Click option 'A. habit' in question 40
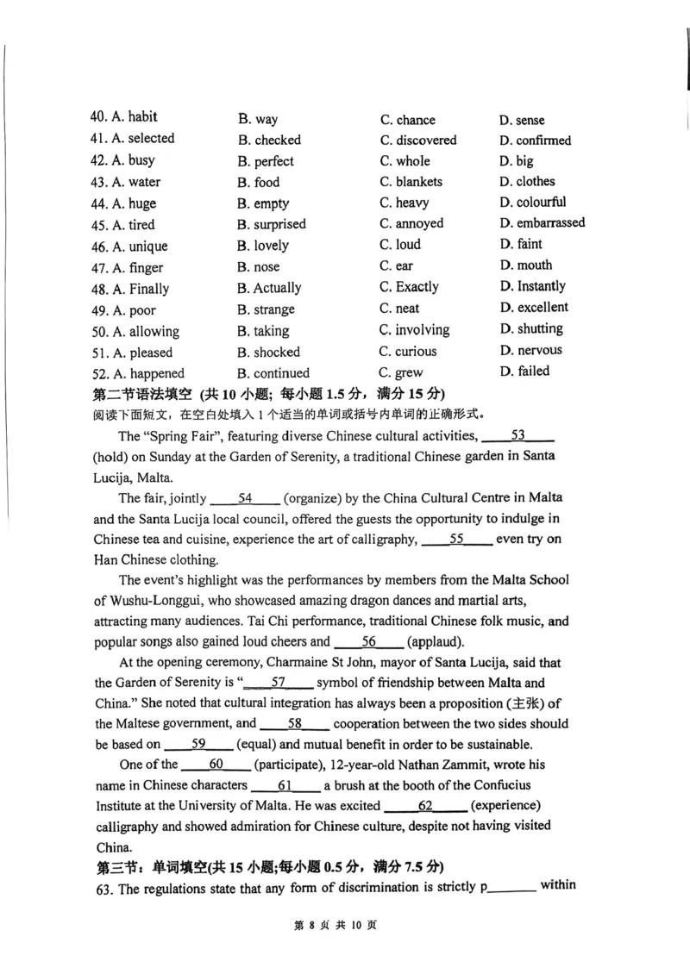(134, 117)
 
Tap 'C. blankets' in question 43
(411, 182)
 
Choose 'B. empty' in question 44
(263, 204)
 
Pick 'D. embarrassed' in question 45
(542, 223)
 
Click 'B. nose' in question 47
(259, 267)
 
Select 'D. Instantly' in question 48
(532, 286)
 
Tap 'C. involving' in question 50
(414, 330)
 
